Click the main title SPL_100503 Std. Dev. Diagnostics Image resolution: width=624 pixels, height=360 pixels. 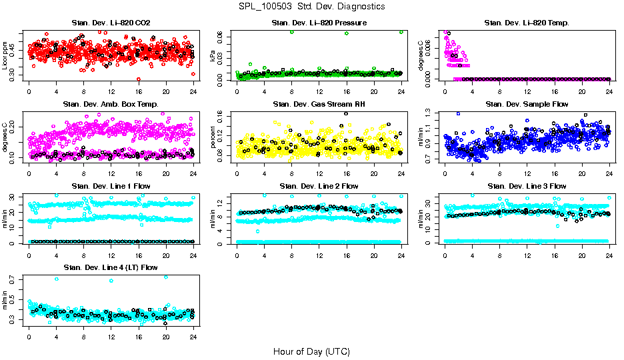(x=311, y=7)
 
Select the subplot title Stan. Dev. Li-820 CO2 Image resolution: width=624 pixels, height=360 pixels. (x=111, y=23)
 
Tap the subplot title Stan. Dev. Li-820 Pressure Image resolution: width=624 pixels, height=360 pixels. (x=319, y=23)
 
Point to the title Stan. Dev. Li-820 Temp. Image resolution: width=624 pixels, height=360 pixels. (x=527, y=23)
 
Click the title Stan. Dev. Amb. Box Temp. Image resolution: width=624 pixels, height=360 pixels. (x=111, y=105)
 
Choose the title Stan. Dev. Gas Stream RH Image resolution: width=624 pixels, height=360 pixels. (x=319, y=105)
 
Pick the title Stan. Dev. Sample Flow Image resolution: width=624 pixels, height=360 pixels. (x=527, y=105)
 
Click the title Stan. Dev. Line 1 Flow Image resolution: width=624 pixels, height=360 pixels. (x=111, y=186)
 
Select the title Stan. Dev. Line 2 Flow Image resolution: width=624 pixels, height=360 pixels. (x=319, y=186)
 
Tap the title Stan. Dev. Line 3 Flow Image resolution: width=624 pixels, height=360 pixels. (x=527, y=186)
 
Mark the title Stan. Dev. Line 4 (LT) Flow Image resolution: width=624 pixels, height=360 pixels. (x=111, y=268)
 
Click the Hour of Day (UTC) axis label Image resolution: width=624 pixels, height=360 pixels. (x=311, y=351)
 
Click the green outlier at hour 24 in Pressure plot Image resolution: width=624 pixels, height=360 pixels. (x=401, y=32)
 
